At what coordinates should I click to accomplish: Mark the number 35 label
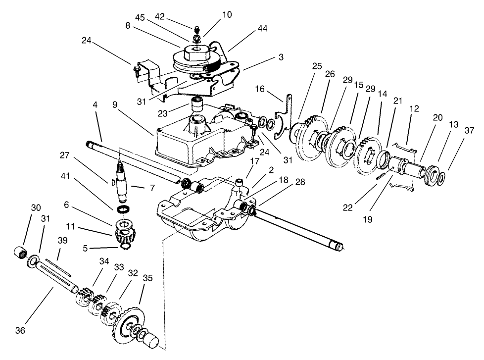[147, 277]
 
